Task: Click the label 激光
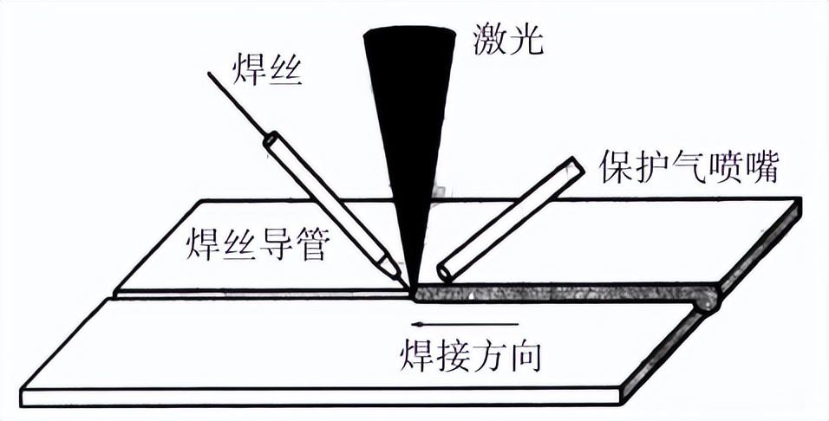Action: point(510,40)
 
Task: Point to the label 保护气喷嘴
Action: point(689,165)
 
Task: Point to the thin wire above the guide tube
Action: point(238,104)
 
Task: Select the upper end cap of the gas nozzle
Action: point(574,165)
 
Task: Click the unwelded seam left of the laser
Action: point(260,295)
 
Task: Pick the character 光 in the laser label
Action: point(527,40)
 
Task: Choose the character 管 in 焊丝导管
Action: point(310,248)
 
